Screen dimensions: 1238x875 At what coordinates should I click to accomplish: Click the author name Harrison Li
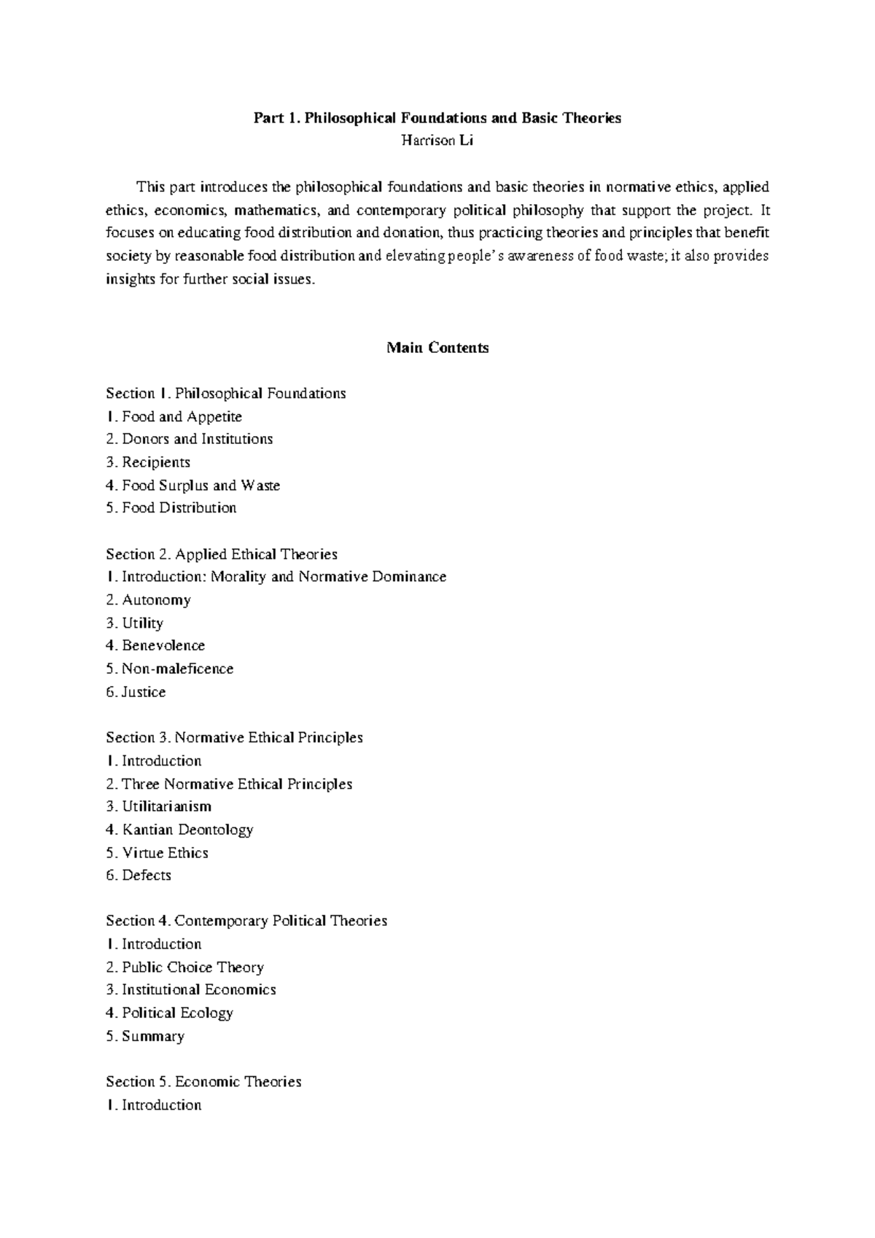(437, 141)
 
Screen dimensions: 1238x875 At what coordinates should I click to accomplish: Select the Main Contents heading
(437, 348)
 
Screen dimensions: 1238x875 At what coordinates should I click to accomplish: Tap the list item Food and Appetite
(174, 416)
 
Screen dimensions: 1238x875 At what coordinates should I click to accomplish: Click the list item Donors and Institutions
(189, 439)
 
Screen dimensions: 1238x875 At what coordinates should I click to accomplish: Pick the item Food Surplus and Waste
(192, 485)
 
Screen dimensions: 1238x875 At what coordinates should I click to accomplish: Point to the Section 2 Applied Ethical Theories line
(222, 554)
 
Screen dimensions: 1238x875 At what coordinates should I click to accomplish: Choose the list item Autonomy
(148, 600)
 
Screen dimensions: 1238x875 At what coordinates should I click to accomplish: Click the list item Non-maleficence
(169, 669)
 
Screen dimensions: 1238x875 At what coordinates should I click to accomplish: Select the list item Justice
(136, 692)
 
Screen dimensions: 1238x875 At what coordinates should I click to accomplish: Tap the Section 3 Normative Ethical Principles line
(234, 737)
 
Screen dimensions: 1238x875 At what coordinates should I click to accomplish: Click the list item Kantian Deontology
(179, 829)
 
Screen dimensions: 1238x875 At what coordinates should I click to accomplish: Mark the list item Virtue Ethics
(157, 852)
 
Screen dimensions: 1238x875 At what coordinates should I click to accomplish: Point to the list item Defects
(139, 875)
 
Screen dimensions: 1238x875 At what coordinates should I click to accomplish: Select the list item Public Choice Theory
(184, 967)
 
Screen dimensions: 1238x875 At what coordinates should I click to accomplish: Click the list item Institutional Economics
(191, 989)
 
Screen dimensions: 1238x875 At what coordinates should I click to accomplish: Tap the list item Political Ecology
(169, 1013)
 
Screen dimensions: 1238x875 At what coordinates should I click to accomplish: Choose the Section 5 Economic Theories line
(203, 1081)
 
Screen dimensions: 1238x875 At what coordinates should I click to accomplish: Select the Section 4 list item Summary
(145, 1036)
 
